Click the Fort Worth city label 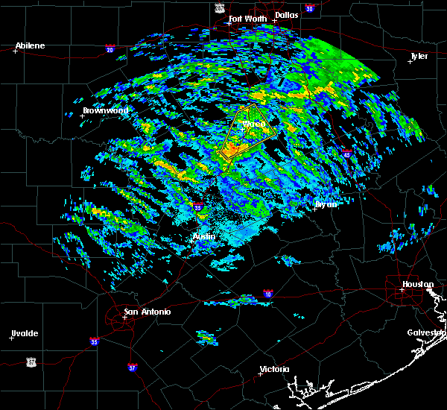click(246, 19)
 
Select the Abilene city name click(30, 45)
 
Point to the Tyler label click(419, 56)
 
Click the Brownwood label click(106, 110)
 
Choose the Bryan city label click(326, 204)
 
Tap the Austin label click(204, 236)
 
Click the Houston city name click(418, 284)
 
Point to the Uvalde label click(24, 333)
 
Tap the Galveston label click(425, 332)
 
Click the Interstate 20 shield click(110, 50)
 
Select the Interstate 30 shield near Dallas click(309, 8)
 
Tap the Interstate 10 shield click(267, 294)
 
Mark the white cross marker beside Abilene click(15, 51)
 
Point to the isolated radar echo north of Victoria click(207, 338)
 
